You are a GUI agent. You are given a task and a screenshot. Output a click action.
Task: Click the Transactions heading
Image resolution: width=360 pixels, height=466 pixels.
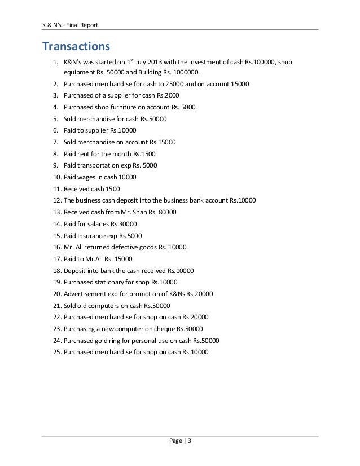74,45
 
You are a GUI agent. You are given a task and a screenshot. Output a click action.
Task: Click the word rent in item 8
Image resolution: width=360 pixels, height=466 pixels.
85,153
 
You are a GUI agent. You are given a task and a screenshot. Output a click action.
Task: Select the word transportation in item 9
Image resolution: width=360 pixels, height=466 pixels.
103,165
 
